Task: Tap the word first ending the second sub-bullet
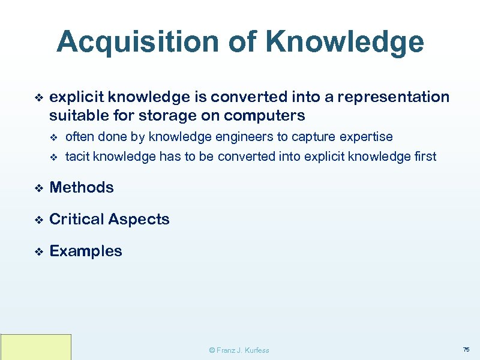pos(425,157)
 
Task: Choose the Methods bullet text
pos(82,187)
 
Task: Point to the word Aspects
pos(140,220)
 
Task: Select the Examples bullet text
pos(86,251)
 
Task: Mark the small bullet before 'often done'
pos(53,137)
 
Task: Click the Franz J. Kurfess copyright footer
pos(238,350)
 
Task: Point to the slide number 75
pos(466,349)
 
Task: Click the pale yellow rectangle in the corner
pos(36,347)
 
